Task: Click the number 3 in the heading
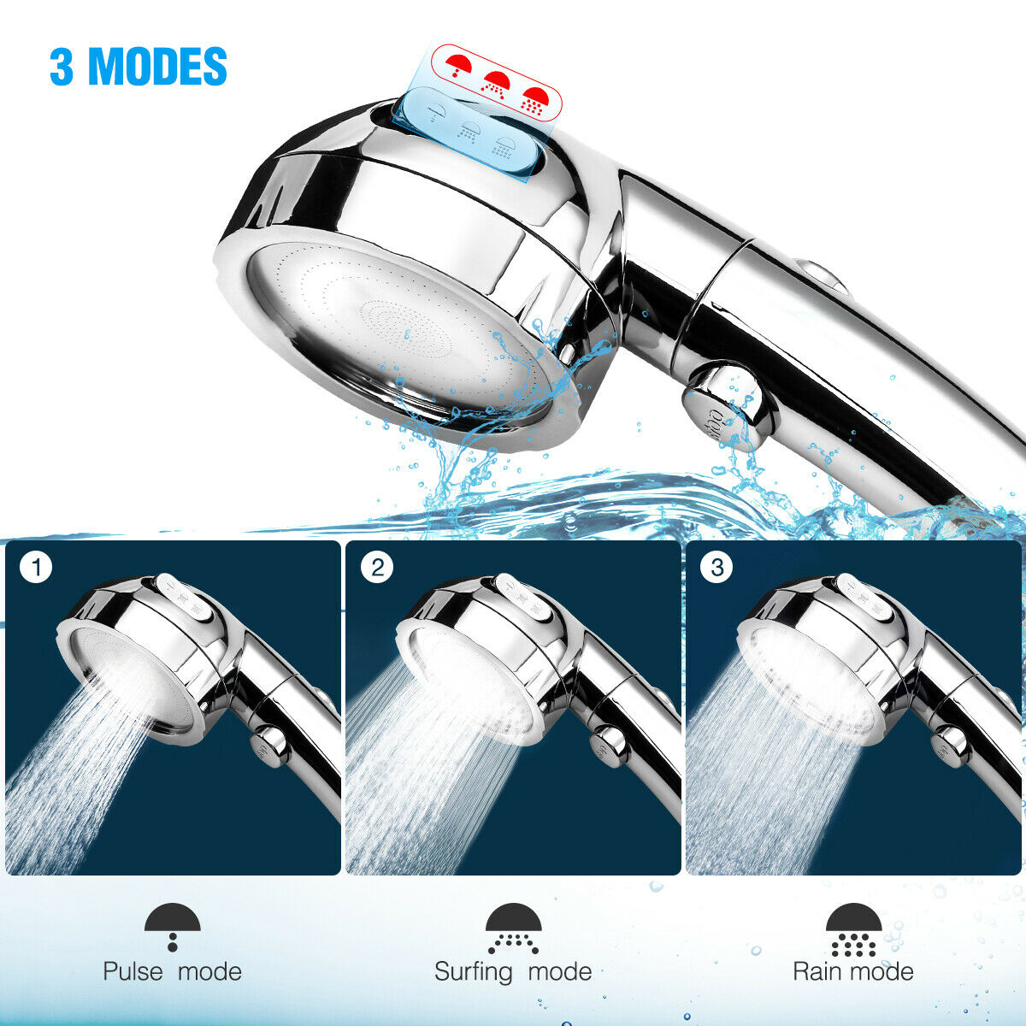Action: point(62,66)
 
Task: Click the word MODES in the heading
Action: point(157,66)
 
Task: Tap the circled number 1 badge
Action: point(36,568)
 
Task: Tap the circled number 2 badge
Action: point(377,568)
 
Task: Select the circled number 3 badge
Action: point(716,568)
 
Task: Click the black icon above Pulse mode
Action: point(173,927)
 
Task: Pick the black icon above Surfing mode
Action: point(513,928)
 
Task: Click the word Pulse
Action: point(133,971)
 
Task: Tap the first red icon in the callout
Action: point(459,65)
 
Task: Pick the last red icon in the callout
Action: point(533,100)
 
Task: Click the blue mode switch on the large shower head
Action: point(469,134)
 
